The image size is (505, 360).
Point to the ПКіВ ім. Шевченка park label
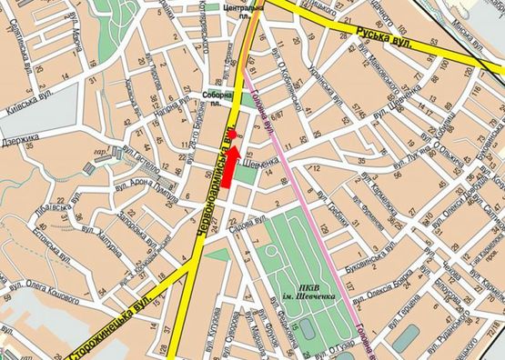tap(301, 295)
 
